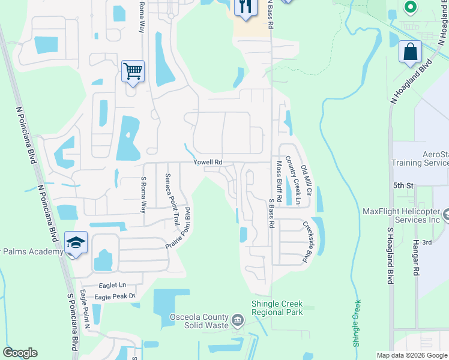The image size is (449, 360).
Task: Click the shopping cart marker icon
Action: [x=133, y=71]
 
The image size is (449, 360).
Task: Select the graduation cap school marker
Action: [x=76, y=242]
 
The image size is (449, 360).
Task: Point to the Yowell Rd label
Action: [x=208, y=163]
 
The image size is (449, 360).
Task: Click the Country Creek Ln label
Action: [x=292, y=180]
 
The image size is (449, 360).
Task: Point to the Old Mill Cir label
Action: [x=307, y=182]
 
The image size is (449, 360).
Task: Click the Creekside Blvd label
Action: [x=308, y=242]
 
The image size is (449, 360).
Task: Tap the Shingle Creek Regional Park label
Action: [x=277, y=308]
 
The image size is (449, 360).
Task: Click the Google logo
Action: [x=20, y=353]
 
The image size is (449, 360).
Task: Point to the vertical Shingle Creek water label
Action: [x=357, y=323]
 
